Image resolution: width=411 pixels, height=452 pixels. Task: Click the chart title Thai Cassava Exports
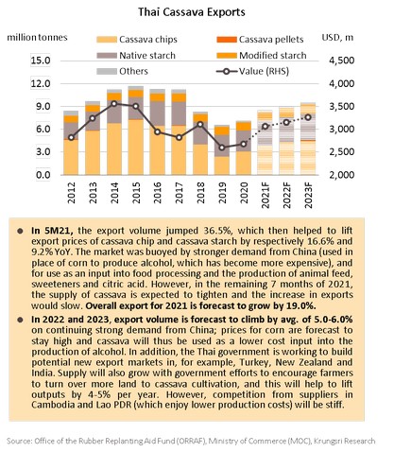pos(192,12)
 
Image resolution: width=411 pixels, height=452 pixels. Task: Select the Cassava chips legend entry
pos(137,40)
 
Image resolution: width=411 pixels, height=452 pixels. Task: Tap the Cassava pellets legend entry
pos(260,40)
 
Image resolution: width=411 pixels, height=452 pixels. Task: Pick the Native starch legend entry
pos(136,56)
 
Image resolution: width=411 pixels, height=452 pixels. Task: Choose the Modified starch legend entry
pos(262,56)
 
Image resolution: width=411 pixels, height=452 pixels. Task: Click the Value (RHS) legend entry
pos(252,71)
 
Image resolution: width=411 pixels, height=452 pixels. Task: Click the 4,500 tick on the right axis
pos(342,61)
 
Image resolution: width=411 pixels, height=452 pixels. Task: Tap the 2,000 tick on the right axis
pos(342,175)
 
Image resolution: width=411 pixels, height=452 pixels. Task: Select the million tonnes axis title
pos(37,38)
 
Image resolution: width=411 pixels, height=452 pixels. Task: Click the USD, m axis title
pos(337,38)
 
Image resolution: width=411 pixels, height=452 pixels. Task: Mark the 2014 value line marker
pos(114,104)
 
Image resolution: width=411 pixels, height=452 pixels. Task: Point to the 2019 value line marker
pos(222,148)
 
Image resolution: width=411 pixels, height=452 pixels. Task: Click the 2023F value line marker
pos(308,117)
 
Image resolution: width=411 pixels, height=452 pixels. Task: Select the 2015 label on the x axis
pos(136,193)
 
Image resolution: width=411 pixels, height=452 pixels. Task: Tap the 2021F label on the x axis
pos(265,195)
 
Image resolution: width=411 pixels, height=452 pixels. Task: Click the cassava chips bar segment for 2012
pos(71,157)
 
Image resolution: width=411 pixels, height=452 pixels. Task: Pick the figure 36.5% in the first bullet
pos(216,231)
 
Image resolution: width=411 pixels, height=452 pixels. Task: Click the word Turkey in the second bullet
pos(254,362)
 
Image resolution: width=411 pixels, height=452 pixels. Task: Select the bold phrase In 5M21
pos(52,231)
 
